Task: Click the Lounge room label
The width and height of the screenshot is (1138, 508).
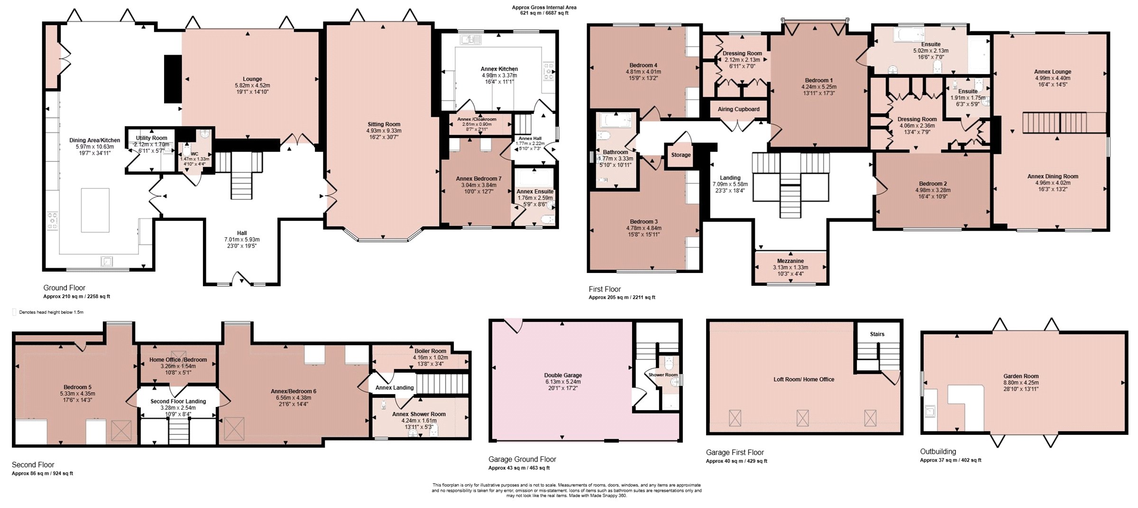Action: (252, 79)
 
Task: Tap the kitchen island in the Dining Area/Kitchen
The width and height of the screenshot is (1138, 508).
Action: (95, 210)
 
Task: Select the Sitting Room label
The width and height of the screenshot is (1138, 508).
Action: (384, 124)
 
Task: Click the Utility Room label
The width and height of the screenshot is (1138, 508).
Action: (152, 138)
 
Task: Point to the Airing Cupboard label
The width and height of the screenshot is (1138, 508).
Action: (738, 109)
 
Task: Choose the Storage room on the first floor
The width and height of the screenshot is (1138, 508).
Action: (681, 155)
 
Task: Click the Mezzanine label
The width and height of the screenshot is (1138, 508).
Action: (790, 261)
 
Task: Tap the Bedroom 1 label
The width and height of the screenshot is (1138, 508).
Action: (818, 81)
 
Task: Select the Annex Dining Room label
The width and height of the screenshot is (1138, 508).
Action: (1053, 177)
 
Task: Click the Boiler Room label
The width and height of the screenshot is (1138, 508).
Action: (430, 351)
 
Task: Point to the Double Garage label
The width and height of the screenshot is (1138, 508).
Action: (563, 376)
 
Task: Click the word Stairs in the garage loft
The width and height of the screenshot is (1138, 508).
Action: (877, 334)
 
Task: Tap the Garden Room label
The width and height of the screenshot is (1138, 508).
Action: (1021, 376)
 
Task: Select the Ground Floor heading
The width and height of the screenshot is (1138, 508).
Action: (64, 288)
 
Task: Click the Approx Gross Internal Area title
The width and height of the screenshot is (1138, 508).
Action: (544, 8)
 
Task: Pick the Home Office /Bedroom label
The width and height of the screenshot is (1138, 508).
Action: (178, 360)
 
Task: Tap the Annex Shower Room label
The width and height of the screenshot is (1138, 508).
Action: (419, 414)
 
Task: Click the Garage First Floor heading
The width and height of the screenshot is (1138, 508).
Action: (734, 452)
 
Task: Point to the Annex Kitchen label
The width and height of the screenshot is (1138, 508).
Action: (499, 69)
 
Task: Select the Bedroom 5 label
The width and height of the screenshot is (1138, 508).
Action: (77, 387)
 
